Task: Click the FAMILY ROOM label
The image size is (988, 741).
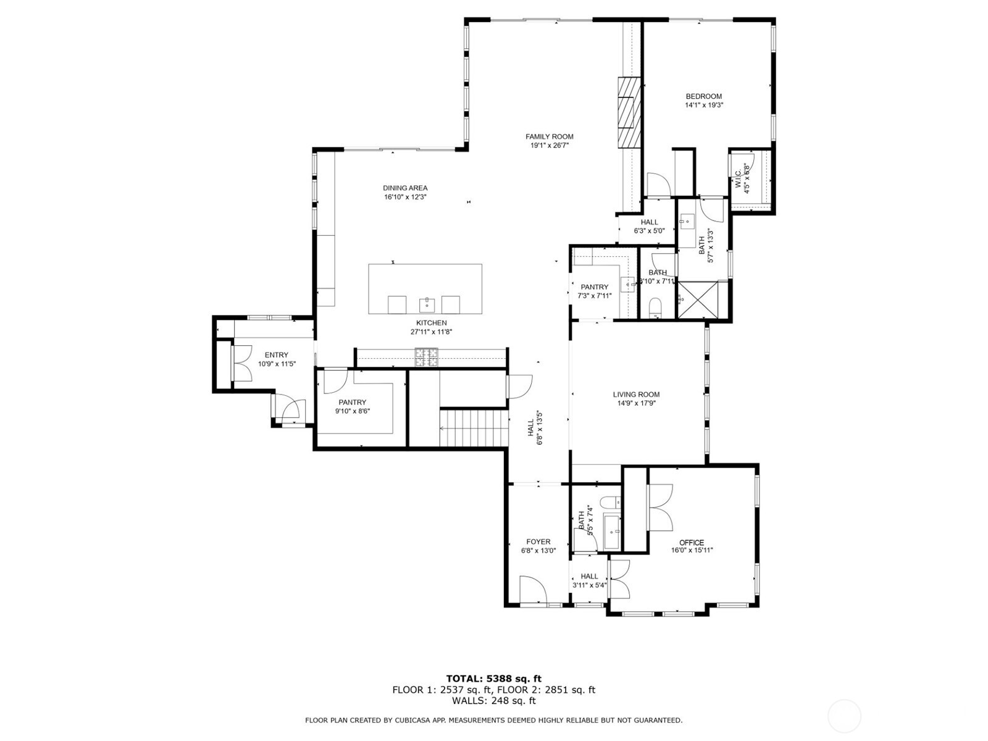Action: point(549,137)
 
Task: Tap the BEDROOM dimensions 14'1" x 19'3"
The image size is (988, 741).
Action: point(703,105)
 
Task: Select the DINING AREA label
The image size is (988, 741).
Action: point(404,188)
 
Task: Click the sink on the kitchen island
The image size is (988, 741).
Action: point(428,304)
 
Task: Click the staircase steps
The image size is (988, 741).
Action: point(473,428)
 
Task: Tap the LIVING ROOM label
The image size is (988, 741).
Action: point(636,395)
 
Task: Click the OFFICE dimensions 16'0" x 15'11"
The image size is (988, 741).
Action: point(692,550)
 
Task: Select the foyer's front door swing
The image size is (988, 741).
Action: point(532,590)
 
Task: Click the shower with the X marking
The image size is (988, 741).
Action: point(698,300)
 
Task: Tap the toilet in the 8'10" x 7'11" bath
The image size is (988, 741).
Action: point(656,307)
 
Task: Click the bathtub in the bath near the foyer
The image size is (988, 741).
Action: point(611,531)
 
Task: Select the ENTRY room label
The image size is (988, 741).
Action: point(276,355)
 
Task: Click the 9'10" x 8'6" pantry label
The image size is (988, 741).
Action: point(352,403)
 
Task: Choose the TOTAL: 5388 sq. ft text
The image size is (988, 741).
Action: point(493,679)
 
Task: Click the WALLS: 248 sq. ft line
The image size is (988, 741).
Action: point(493,701)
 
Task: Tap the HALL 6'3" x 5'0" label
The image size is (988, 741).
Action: point(649,222)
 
